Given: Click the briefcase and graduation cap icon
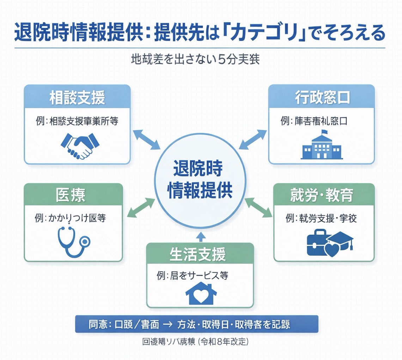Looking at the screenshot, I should pyautogui.click(x=329, y=243).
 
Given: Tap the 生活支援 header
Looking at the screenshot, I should pyautogui.click(x=200, y=254).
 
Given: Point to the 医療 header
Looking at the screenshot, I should pyautogui.click(x=73, y=196).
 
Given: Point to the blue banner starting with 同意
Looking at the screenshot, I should pyautogui.click(x=196, y=324).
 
